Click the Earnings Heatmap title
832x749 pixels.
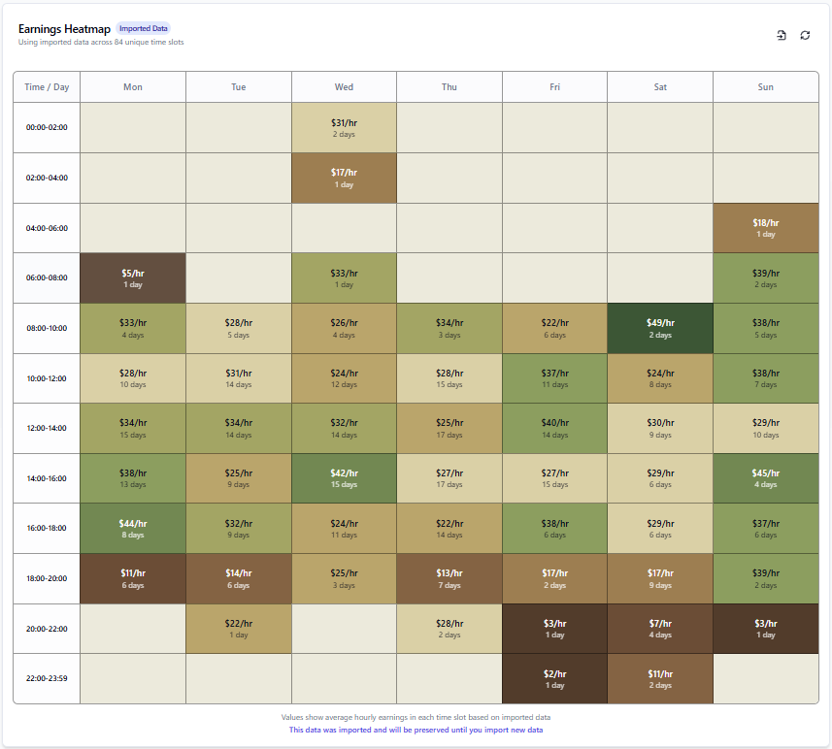pos(64,29)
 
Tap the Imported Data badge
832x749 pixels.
pos(144,29)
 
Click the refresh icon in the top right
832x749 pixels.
pos(805,35)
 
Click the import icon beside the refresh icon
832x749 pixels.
pos(782,35)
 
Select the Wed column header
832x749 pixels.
pos(344,87)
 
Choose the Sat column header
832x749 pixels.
pos(660,87)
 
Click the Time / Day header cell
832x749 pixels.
pos(47,87)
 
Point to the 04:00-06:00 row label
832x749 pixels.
pos(47,228)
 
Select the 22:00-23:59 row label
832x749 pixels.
pos(47,678)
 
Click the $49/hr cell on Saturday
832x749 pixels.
pos(660,328)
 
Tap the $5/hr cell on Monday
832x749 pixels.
pos(133,278)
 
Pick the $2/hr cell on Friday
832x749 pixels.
pos(554,678)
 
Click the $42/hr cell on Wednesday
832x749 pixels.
pos(344,478)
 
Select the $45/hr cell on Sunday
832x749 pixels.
pos(766,478)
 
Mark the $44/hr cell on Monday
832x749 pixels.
pos(133,529)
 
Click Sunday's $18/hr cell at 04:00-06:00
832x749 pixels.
pos(766,228)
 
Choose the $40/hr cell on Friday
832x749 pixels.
pos(554,428)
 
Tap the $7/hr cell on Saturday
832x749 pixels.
pos(660,629)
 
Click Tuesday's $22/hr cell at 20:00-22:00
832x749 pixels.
pos(239,629)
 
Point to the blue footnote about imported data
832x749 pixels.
pos(416,730)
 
